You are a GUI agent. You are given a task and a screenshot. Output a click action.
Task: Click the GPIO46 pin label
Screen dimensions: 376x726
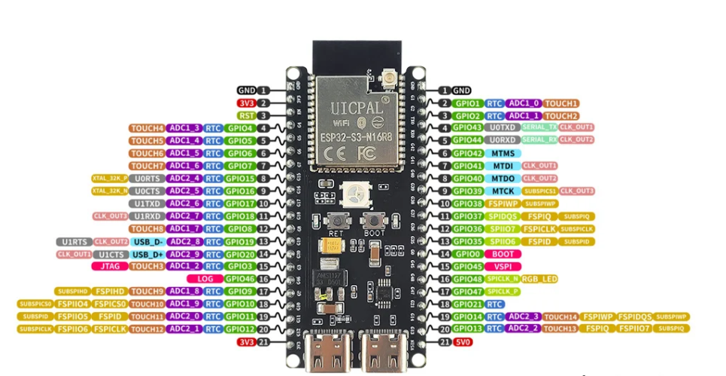point(238,279)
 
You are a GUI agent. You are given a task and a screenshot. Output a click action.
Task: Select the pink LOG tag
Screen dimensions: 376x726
point(210,279)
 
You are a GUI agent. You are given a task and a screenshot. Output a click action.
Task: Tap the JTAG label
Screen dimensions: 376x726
point(109,266)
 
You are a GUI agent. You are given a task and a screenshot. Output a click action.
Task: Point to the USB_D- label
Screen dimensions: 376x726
point(147,241)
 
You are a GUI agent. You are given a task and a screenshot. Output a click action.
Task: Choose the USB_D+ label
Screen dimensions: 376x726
point(147,254)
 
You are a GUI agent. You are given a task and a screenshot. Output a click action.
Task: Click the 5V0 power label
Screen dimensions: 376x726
point(464,342)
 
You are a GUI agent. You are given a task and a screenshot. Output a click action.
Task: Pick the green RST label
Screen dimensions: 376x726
point(246,115)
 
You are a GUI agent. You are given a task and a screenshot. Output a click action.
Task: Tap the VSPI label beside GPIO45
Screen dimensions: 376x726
point(502,266)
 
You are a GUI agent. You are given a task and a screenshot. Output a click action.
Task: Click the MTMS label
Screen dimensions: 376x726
point(503,153)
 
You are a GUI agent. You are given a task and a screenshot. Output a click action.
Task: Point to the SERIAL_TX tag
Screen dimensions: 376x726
point(539,127)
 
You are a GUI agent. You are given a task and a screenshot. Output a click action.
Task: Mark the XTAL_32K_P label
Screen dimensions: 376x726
point(110,178)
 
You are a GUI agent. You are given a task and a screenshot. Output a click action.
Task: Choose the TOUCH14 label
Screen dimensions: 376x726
point(560,316)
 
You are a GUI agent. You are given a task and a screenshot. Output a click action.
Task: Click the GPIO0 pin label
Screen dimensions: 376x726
point(467,254)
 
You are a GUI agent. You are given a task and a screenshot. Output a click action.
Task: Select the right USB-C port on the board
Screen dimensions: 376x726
point(380,351)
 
